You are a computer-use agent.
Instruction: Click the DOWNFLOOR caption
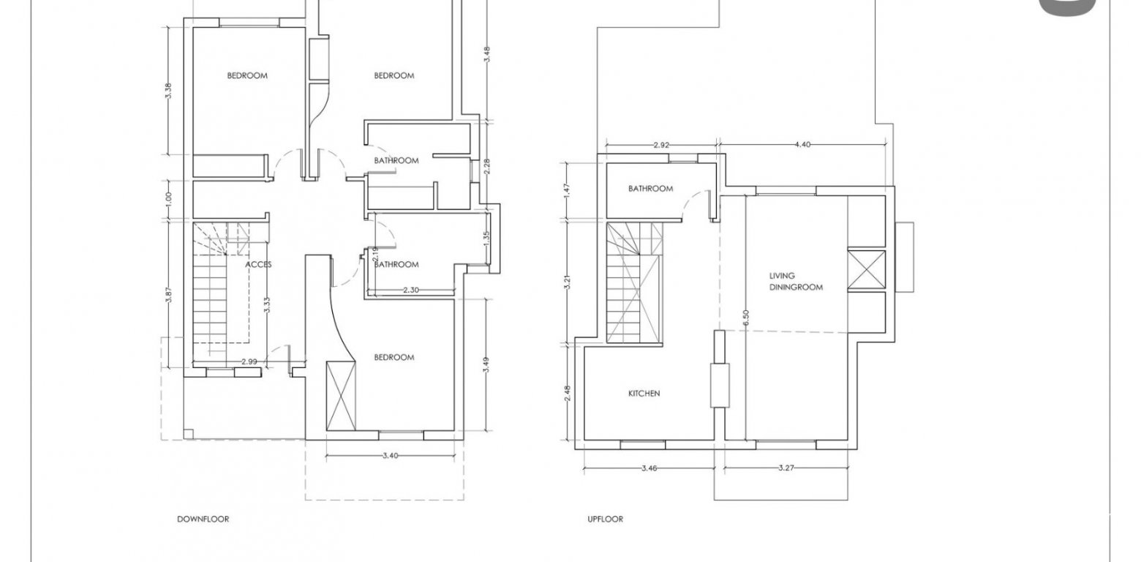tap(203, 520)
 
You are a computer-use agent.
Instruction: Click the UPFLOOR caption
tap(605, 520)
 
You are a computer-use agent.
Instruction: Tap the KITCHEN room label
tap(644, 394)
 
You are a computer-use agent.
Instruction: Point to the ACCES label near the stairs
tap(258, 264)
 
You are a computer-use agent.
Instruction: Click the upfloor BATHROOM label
tap(650, 189)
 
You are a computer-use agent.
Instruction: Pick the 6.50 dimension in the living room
tap(746, 318)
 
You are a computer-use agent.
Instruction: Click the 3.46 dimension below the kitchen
tap(649, 468)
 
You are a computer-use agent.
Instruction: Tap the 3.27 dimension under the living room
tap(786, 468)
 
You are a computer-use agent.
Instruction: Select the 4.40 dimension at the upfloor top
tap(802, 145)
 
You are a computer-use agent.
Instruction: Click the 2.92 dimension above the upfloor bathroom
tap(661, 145)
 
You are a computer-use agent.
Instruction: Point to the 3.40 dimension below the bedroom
tap(390, 455)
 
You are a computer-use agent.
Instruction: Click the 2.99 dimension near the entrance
tap(249, 361)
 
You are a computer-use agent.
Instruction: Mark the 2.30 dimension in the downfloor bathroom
tap(411, 290)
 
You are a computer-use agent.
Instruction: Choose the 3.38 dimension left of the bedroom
tap(169, 91)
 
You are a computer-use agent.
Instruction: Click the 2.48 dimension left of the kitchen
tap(568, 393)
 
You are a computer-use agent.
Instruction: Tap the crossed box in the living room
tap(867, 270)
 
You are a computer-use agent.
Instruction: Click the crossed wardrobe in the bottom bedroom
tap(341, 396)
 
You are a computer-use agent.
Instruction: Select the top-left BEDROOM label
tap(247, 75)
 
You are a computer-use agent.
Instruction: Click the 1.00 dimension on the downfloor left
tap(169, 199)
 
